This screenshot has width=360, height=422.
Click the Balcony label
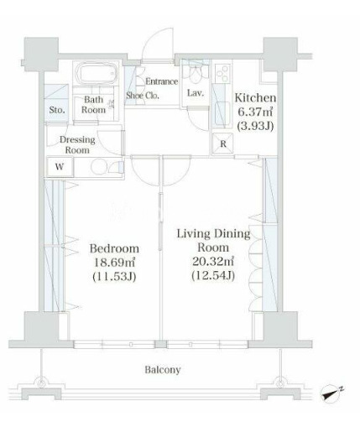pos(163,370)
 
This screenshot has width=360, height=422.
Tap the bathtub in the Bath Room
pos(96,73)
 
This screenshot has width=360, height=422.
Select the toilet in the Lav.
pos(196,74)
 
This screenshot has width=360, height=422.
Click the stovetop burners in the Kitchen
pos(222,73)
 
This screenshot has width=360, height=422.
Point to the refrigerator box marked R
pos(223,143)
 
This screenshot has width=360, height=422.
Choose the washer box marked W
pos(60,167)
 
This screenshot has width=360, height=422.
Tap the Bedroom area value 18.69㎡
pos(114,263)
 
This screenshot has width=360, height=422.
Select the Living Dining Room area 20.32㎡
pos(213,262)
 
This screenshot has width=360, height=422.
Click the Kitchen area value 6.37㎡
pos(255,112)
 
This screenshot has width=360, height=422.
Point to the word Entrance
pos(162,81)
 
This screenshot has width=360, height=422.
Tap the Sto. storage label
pos(57,110)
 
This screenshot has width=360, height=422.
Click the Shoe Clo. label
pos(143,96)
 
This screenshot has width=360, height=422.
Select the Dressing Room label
pos(77,144)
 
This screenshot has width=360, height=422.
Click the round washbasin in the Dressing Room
pos(97,167)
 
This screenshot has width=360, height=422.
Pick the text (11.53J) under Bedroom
pos(114,277)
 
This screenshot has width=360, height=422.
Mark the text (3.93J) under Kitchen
pos(255,127)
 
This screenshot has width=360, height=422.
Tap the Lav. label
pos(195,93)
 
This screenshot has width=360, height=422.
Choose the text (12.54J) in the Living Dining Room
pos(213,276)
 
